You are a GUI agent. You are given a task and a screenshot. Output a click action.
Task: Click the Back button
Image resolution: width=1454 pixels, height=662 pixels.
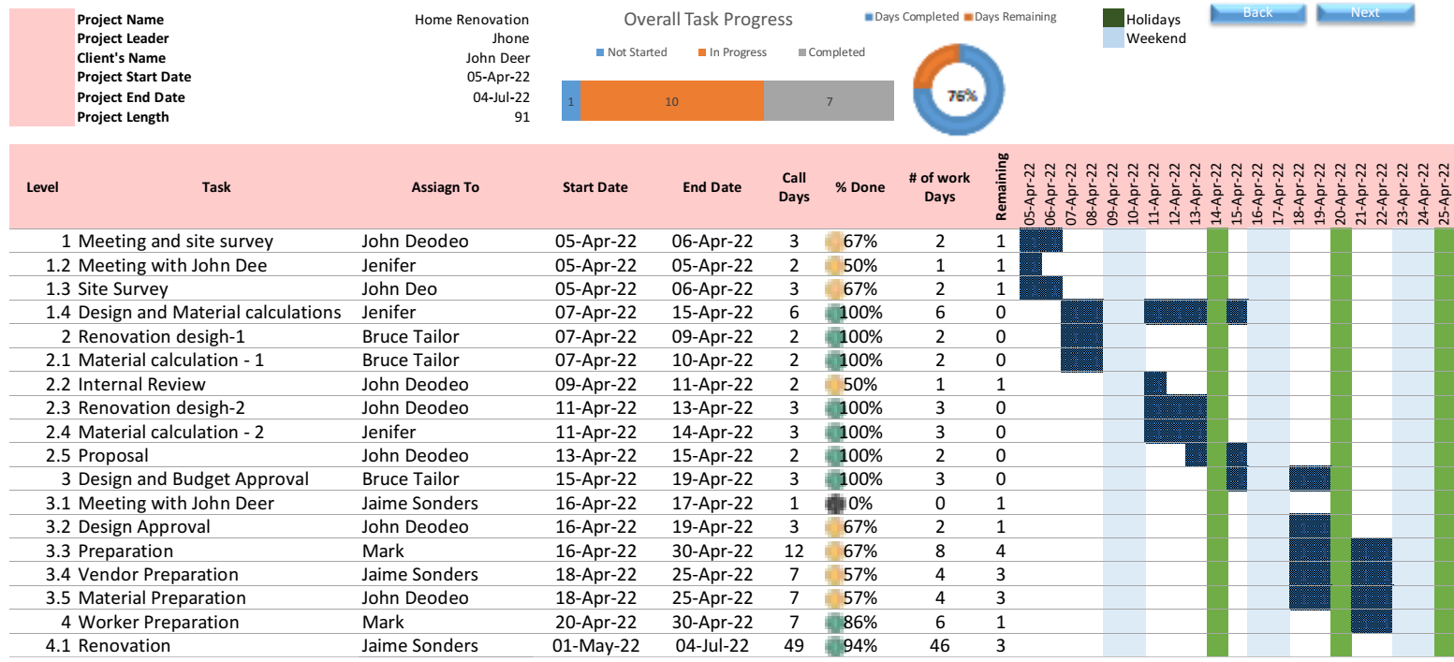point(1257,13)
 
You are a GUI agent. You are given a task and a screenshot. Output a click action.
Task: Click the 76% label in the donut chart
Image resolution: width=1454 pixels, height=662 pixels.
point(962,96)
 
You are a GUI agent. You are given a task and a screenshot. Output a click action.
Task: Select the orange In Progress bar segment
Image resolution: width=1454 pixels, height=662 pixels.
point(671,101)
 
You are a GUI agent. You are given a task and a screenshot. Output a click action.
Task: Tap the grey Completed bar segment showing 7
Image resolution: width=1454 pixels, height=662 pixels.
point(829,101)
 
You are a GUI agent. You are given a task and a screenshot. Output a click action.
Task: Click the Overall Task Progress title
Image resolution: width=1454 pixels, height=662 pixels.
point(708,20)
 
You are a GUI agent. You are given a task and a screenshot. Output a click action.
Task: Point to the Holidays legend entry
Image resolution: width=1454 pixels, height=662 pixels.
point(1153,20)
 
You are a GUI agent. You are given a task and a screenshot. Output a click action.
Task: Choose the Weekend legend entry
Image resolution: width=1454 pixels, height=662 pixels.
point(1155,38)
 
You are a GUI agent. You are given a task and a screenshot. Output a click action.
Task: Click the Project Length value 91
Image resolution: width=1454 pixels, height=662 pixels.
point(521,117)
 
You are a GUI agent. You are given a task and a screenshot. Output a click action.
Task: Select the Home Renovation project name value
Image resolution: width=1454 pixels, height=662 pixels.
point(472,20)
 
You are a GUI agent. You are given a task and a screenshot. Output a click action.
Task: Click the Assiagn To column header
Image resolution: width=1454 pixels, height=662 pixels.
point(445,187)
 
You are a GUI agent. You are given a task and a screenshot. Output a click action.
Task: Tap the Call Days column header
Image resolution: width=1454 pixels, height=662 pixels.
point(794,186)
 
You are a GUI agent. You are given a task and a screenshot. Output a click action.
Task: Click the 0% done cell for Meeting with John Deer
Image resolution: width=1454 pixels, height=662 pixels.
point(859,503)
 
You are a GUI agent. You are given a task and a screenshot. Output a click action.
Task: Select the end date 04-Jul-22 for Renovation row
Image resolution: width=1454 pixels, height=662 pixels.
point(712,645)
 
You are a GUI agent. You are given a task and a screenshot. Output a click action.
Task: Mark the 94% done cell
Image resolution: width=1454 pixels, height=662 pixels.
point(859,645)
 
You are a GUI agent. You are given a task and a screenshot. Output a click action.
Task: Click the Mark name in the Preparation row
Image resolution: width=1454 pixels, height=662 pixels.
point(383,551)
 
